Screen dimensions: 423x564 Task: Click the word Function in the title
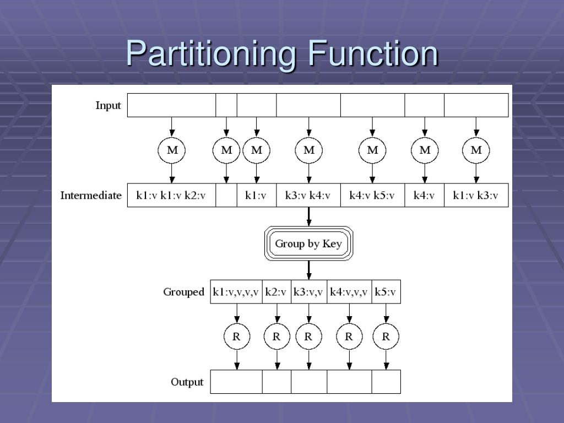(x=372, y=53)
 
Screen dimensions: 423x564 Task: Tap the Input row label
(x=108, y=105)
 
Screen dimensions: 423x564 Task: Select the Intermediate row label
(x=91, y=196)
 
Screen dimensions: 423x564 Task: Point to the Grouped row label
(x=183, y=292)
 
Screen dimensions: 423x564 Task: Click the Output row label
(x=187, y=382)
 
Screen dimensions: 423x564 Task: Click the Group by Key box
(x=308, y=243)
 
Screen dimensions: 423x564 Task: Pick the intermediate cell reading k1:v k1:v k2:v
(x=171, y=196)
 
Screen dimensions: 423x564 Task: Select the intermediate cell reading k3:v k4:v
(x=308, y=196)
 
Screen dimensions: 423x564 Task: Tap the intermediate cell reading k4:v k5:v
(x=372, y=196)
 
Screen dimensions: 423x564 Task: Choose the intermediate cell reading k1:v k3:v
(x=476, y=196)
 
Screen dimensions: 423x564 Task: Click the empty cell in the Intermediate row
(x=226, y=196)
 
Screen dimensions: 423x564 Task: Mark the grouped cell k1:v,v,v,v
(x=236, y=292)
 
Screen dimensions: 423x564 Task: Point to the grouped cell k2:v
(x=276, y=292)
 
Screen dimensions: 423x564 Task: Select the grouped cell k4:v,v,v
(x=349, y=292)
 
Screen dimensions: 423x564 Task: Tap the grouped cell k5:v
(x=386, y=292)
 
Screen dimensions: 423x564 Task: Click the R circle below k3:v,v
(x=308, y=337)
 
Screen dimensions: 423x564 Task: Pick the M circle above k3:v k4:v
(x=308, y=150)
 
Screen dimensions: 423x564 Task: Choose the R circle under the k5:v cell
(x=386, y=337)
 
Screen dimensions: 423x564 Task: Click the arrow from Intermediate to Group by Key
(x=308, y=216)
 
